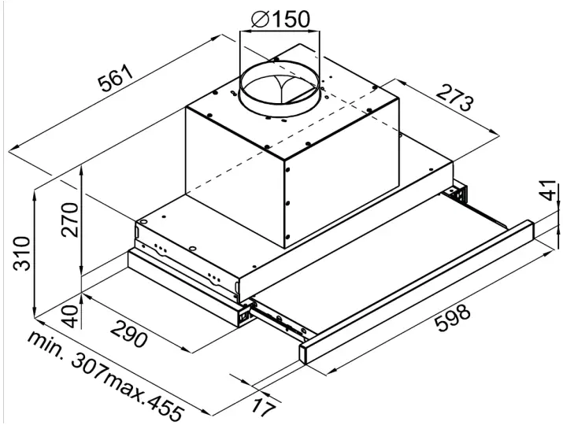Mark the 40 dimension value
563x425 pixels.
pos(69,316)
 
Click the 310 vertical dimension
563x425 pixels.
pos(22,252)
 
